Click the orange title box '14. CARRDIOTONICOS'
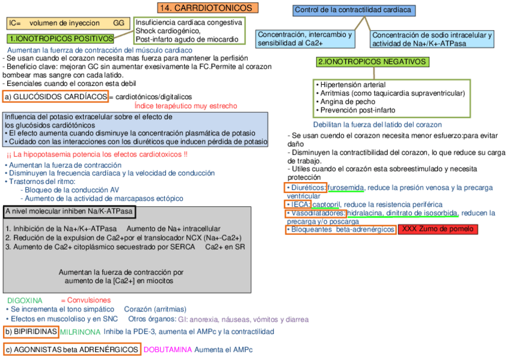coord(208,8)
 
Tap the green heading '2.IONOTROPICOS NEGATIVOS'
coord(373,62)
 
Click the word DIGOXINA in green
coord(25,300)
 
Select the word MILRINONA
coord(80,332)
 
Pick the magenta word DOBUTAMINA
coord(168,349)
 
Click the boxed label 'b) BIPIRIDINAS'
coord(31,331)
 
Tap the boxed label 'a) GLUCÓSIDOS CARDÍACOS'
coord(56,97)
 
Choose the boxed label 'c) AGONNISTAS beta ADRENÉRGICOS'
coord(72,349)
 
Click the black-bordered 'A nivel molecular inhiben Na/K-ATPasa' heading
coord(69,212)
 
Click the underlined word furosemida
coord(346,188)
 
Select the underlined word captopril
coord(327,204)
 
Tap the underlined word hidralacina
coord(364,213)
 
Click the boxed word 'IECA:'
coord(298,204)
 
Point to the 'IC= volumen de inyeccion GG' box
coord(67,23)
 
